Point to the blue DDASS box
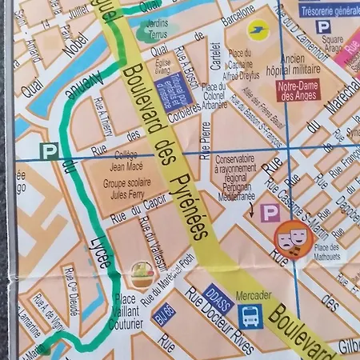pyautogui.click(x=218, y=294)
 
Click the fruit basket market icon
pyautogui.click(x=142, y=275)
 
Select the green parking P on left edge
pyautogui.click(x=50, y=150)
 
